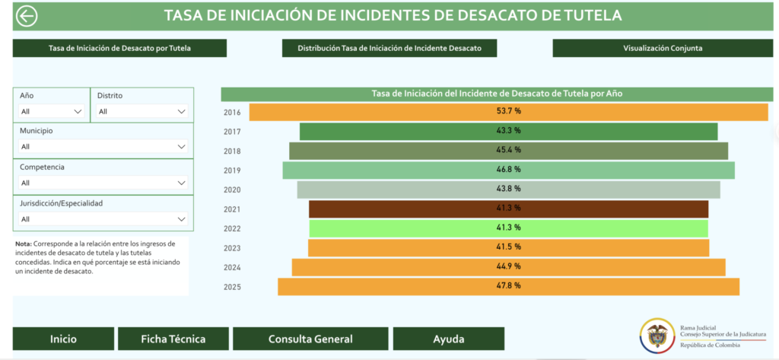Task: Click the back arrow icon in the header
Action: point(27,16)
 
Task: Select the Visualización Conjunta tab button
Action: point(663,48)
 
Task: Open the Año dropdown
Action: point(52,111)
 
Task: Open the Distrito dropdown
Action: point(142,111)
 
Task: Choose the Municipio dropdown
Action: point(103,147)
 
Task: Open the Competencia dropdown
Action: point(103,183)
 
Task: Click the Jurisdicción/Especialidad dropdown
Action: point(103,218)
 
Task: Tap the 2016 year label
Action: point(232,113)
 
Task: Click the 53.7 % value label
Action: point(509,111)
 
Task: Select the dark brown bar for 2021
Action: point(509,209)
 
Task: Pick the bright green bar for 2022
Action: point(509,228)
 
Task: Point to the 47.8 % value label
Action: point(509,286)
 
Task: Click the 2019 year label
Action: point(232,170)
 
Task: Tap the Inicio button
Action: point(64,339)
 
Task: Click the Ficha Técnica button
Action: point(173,339)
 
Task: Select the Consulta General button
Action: point(310,339)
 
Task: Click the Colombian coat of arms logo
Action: point(657,335)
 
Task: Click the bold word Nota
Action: point(24,244)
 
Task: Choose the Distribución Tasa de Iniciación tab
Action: point(389,48)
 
